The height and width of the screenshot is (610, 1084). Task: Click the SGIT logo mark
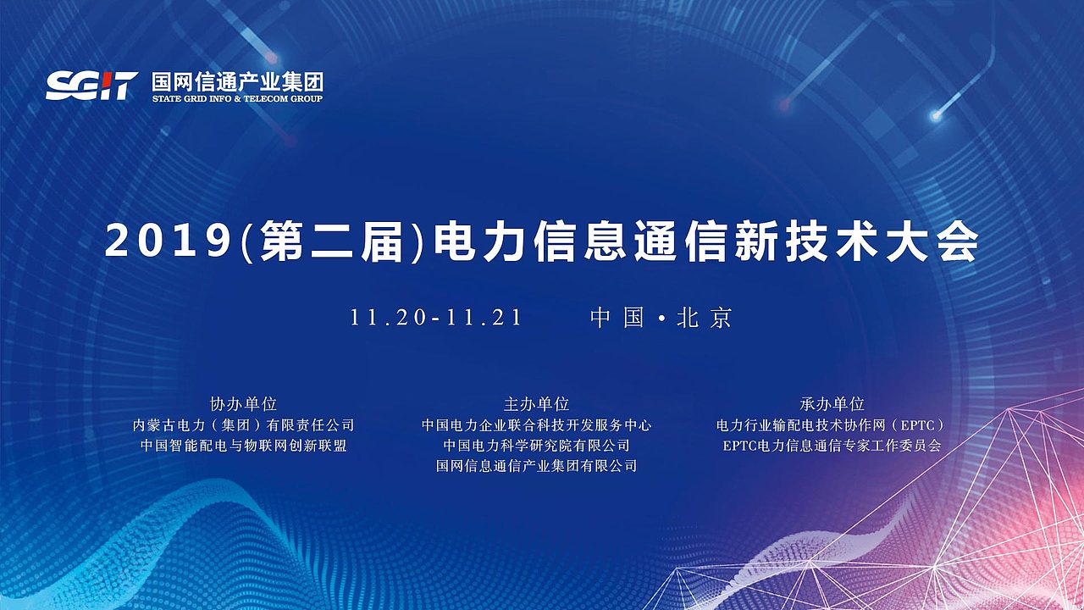coord(92,86)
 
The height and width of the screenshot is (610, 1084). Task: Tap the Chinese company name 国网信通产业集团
coord(237,82)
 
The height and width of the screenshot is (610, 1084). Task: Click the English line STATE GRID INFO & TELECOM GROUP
coord(237,99)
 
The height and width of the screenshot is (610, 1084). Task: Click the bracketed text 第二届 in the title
coord(332,241)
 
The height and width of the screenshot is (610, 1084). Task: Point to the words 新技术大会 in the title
coord(856,241)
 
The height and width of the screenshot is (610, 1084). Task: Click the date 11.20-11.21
coord(435,318)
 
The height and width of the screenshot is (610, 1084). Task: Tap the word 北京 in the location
coord(705,318)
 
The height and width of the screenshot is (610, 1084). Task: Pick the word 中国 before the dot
coord(617,318)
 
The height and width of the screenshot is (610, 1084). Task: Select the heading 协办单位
coord(243,403)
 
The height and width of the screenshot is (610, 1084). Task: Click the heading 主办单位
coord(536,403)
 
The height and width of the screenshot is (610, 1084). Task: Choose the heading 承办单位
coord(832,403)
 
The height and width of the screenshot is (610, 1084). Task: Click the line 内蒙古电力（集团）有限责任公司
coord(243,425)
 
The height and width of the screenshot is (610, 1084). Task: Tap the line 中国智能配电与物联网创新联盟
coord(243,446)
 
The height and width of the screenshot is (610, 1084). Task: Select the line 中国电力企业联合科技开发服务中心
coord(536,425)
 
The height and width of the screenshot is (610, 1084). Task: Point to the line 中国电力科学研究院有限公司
coord(536,446)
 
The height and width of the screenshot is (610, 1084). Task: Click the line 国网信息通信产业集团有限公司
coord(536,466)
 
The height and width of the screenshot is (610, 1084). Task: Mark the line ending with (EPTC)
coord(831,425)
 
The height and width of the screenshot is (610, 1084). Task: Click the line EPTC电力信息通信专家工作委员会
coord(832,446)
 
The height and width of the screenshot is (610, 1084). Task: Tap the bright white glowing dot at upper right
coord(936,115)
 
